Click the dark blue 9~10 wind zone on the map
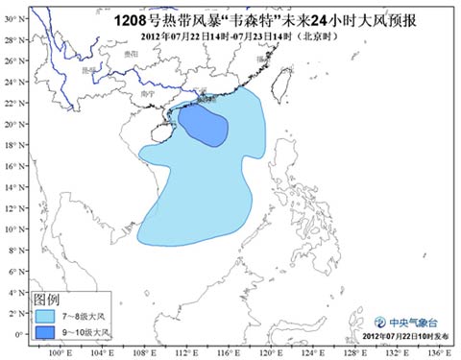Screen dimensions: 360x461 click(x=203, y=125)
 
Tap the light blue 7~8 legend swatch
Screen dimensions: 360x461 click(x=45, y=315)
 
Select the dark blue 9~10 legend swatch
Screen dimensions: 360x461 click(x=45, y=331)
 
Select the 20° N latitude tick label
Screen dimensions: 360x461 click(x=12, y=124)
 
